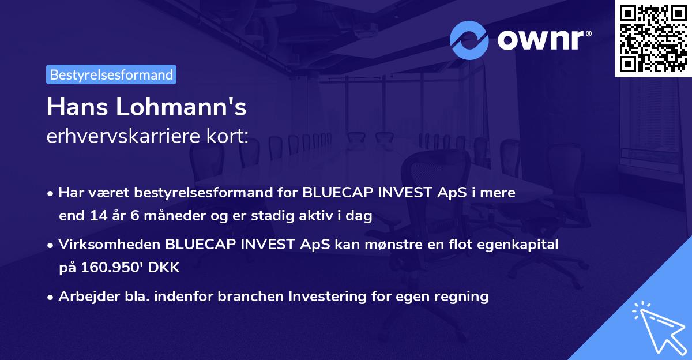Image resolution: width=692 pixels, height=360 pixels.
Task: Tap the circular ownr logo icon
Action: click(469, 40)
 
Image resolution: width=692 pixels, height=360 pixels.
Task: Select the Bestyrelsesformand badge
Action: click(111, 74)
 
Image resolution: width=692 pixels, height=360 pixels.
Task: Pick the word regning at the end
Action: click(462, 297)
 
